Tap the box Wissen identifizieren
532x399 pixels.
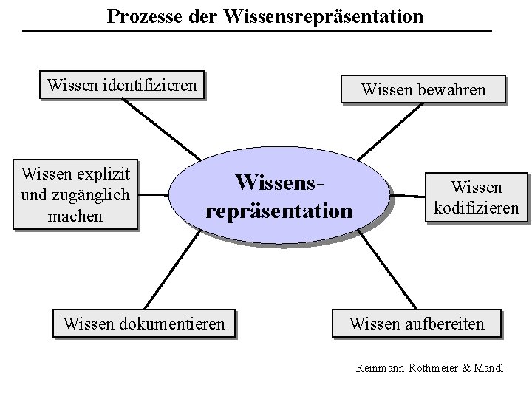(x=122, y=86)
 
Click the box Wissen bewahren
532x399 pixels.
(x=423, y=89)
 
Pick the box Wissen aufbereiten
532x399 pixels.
(x=417, y=324)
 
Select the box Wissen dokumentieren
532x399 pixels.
(x=144, y=324)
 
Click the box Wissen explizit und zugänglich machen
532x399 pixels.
(x=76, y=196)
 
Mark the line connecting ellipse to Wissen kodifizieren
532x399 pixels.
(x=411, y=196)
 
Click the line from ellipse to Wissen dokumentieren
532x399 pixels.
(x=169, y=273)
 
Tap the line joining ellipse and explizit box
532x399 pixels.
(x=154, y=196)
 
